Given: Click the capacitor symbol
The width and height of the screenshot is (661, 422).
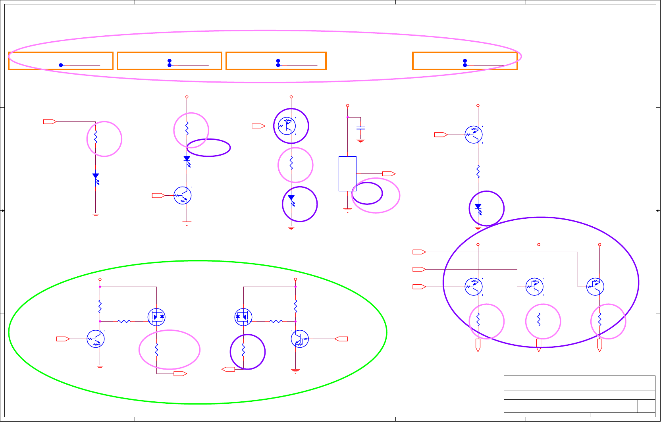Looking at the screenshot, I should click(360, 128).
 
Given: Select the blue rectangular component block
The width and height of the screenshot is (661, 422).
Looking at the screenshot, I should click(347, 173).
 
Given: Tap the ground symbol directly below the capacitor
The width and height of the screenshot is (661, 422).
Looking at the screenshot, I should click(360, 141).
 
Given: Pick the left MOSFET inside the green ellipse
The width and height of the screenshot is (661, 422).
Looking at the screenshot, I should click(156, 317).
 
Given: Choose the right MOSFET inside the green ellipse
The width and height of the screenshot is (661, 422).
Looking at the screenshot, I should click(243, 317).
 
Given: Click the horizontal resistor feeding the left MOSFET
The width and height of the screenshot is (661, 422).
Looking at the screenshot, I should click(124, 321).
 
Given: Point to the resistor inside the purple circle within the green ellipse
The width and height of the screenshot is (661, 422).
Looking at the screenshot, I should click(243, 351).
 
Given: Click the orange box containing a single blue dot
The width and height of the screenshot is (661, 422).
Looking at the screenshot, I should click(61, 61).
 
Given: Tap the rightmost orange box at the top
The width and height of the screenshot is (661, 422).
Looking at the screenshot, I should click(465, 61).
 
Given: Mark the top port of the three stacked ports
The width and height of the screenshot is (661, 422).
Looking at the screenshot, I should click(419, 252).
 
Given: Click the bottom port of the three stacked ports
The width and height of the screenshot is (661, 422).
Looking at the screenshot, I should click(419, 287).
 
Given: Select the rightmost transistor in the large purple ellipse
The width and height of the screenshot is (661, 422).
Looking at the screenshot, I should click(595, 287).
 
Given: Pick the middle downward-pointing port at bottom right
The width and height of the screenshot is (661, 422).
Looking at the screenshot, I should click(539, 345).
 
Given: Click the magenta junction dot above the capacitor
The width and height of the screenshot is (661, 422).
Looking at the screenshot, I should click(347, 117).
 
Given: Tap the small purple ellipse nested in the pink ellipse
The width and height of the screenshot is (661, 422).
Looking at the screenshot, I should click(367, 193).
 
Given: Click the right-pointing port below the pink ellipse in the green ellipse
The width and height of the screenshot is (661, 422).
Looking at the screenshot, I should click(180, 374).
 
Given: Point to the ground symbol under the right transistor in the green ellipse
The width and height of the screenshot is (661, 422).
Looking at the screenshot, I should click(295, 371).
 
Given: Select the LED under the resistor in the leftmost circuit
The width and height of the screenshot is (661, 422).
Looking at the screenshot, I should click(96, 177).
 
